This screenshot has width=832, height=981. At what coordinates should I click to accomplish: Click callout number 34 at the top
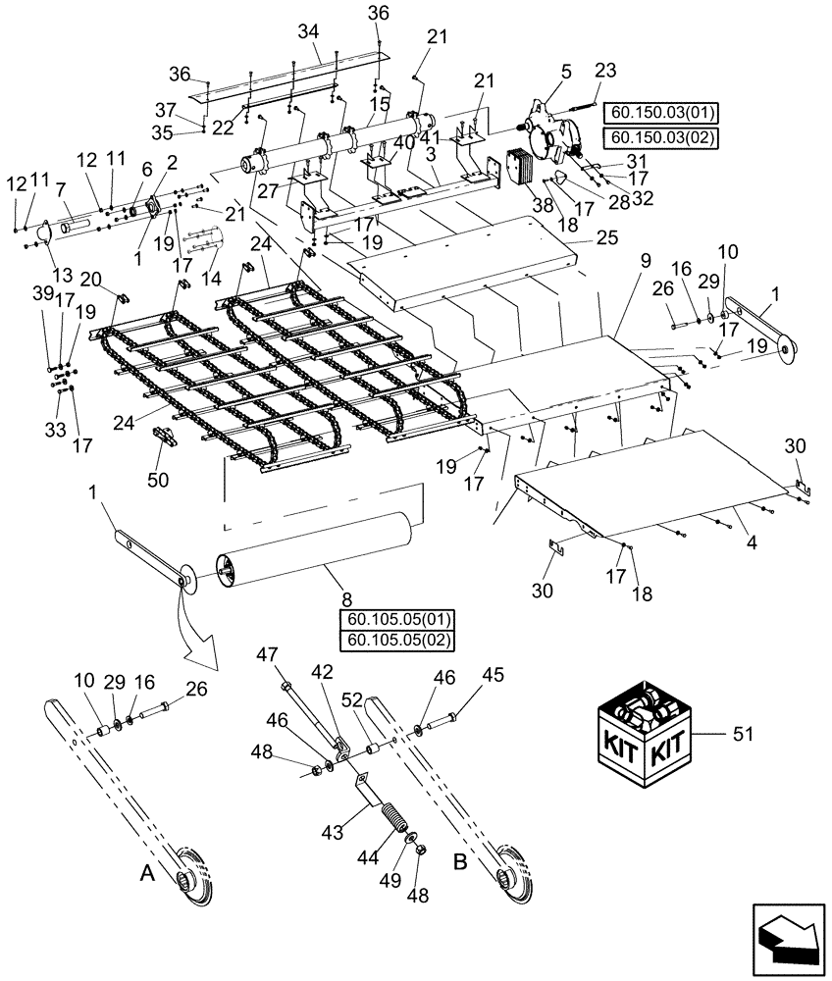tap(309, 32)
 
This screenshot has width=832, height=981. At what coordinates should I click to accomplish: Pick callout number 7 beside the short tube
tap(60, 187)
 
